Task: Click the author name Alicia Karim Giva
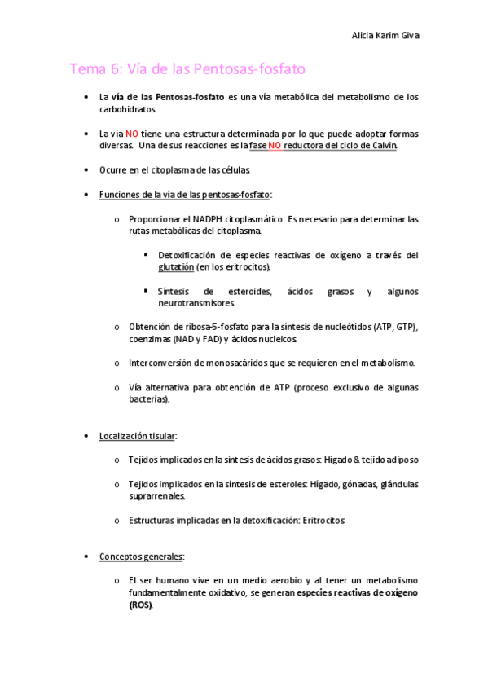[385, 36]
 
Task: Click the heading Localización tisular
[137, 436]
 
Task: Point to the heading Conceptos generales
[141, 557]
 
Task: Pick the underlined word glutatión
[176, 266]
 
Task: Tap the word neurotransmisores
[196, 303]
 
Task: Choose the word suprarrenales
[156, 495]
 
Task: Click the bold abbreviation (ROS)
[140, 605]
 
